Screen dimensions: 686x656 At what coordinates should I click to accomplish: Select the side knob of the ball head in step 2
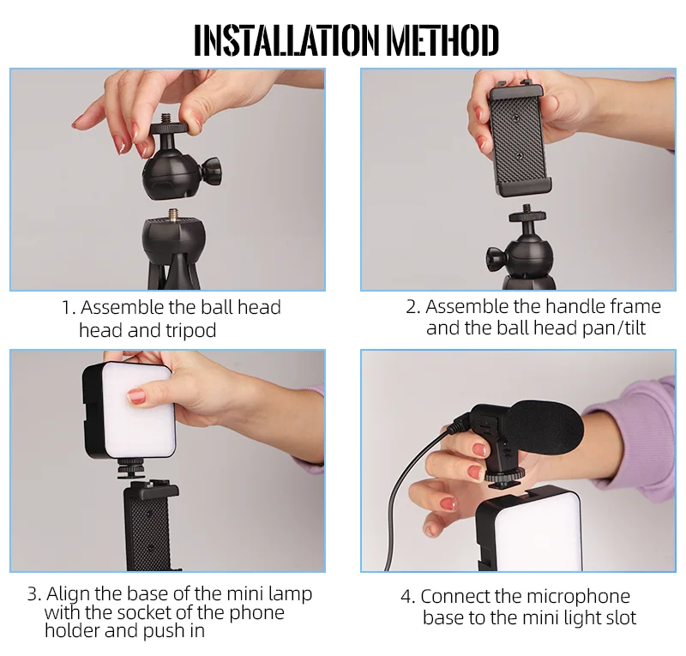click(496, 255)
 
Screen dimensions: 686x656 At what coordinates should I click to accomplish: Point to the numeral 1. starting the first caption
click(68, 308)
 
